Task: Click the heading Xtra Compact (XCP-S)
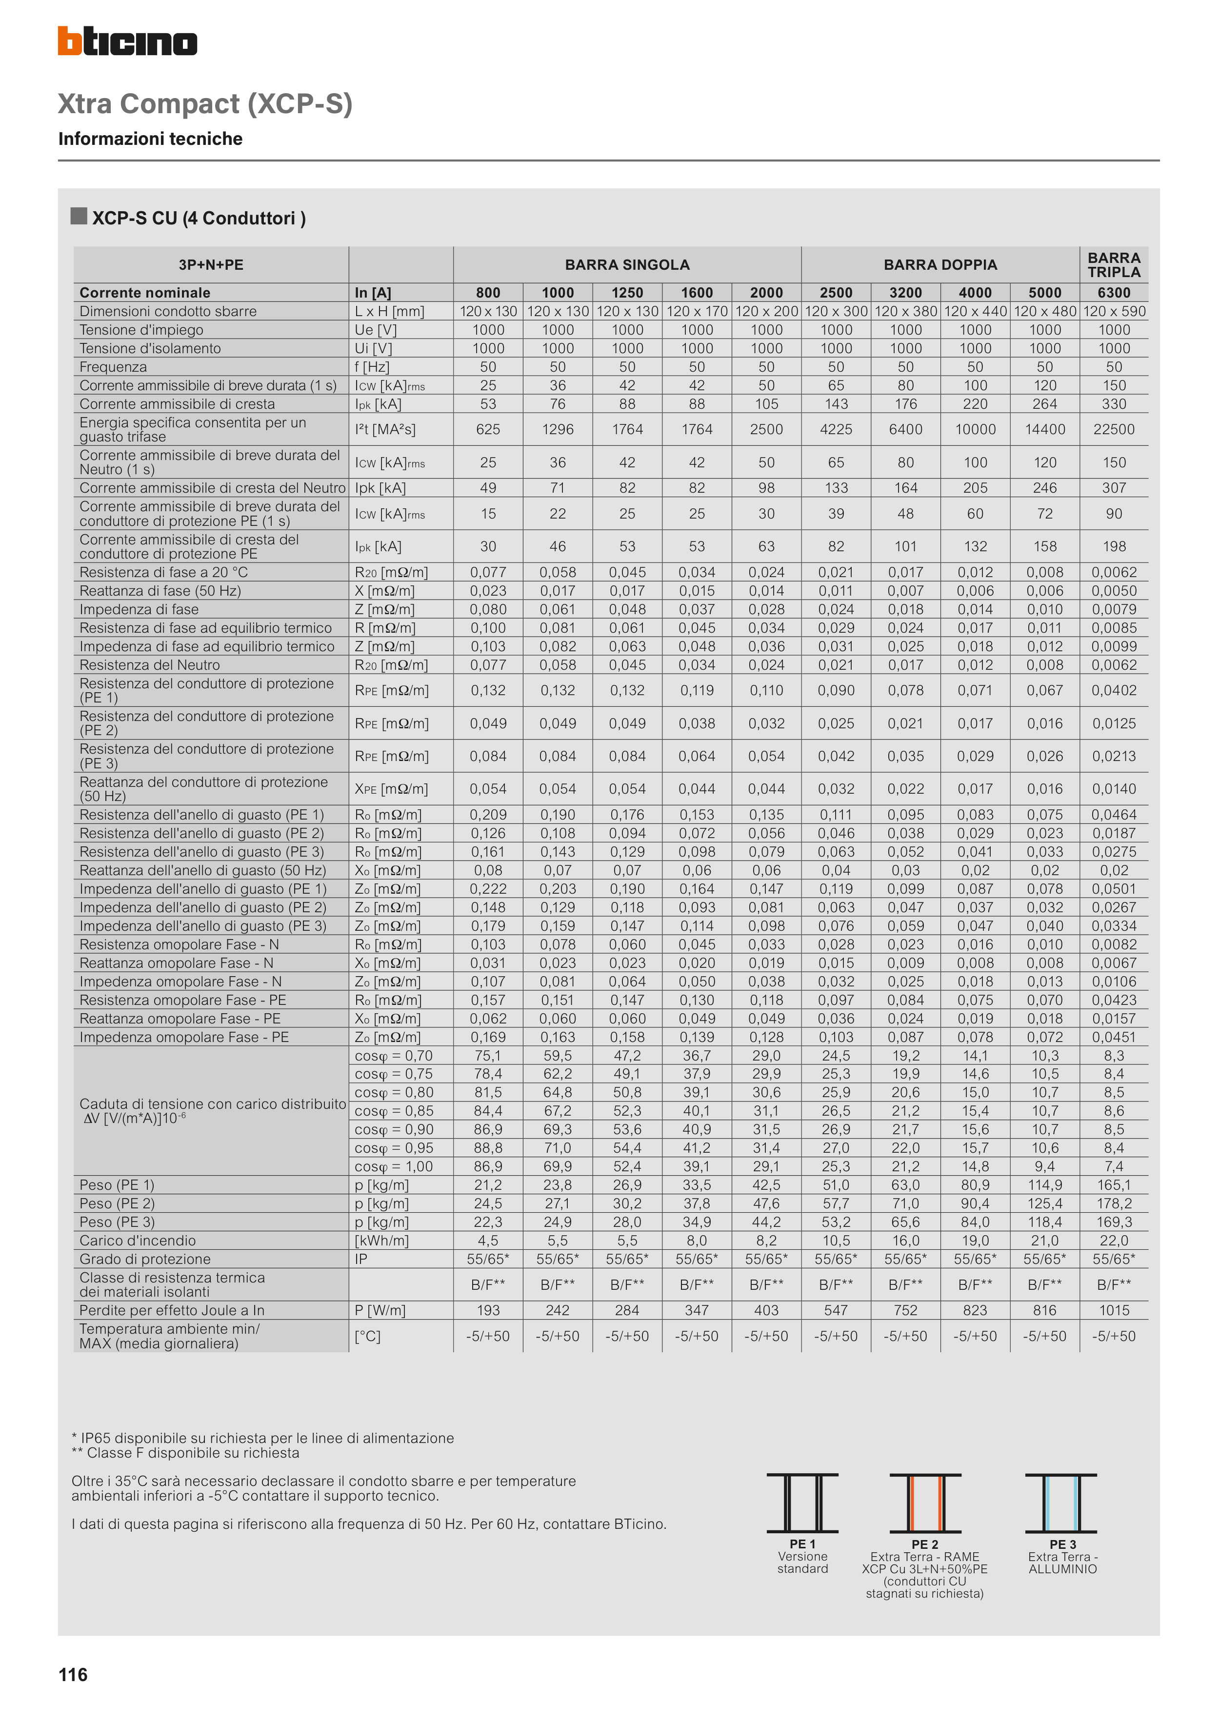pos(205,103)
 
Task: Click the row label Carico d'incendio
pos(138,1241)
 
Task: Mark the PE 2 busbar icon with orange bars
pos(924,1503)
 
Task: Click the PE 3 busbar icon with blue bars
pos(1061,1503)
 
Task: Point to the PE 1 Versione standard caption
pos(802,1556)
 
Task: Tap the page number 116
pos(73,1675)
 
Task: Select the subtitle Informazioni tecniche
pos(150,139)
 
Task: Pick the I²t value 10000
pos(975,429)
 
